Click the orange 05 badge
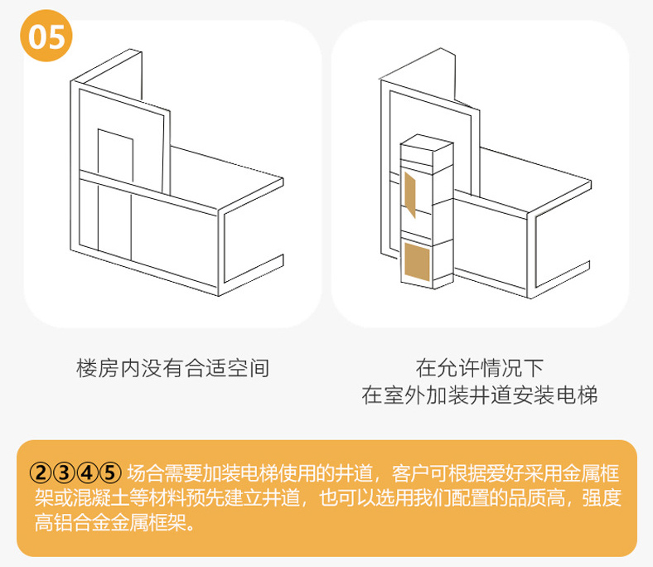click(47, 38)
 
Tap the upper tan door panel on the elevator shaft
click(410, 191)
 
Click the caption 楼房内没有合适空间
click(172, 368)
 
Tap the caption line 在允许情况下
click(479, 368)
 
